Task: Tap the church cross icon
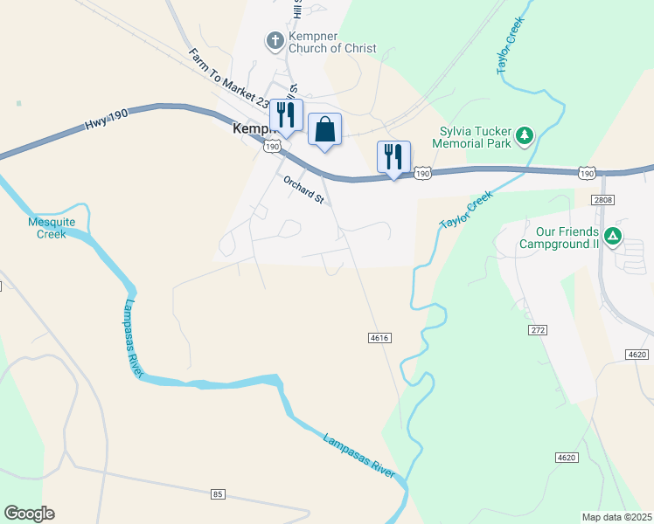275,40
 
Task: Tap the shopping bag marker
324,130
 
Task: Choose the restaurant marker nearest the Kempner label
285,114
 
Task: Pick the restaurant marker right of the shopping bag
393,157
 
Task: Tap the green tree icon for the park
525,135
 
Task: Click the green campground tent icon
614,236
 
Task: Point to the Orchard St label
303,189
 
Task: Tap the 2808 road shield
602,200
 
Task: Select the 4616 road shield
379,337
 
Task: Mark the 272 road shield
538,330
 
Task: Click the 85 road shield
219,494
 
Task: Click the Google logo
29,514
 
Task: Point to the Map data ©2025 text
616,517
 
